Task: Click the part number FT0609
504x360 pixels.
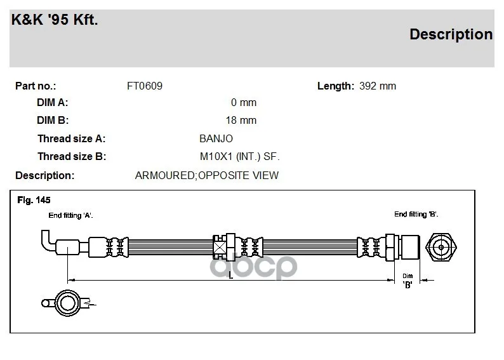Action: (145, 86)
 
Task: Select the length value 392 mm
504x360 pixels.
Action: (378, 86)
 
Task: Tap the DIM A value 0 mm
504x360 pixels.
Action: (244, 102)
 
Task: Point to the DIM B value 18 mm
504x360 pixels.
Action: (241, 120)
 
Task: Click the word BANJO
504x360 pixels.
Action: (216, 138)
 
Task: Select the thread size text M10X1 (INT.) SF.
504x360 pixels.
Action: (240, 157)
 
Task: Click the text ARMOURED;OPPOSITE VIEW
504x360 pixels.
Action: (207, 175)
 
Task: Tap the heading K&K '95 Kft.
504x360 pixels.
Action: (55, 20)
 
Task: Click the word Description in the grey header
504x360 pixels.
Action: (451, 34)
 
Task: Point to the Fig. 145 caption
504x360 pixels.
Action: (34, 200)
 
